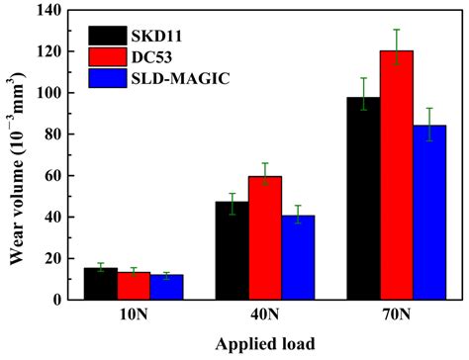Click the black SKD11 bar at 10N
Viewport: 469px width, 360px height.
(x=100, y=284)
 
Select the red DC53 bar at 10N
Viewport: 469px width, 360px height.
(x=134, y=286)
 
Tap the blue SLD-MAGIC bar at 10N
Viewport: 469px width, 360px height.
(x=166, y=287)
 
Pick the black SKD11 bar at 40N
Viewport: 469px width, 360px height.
(x=232, y=251)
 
